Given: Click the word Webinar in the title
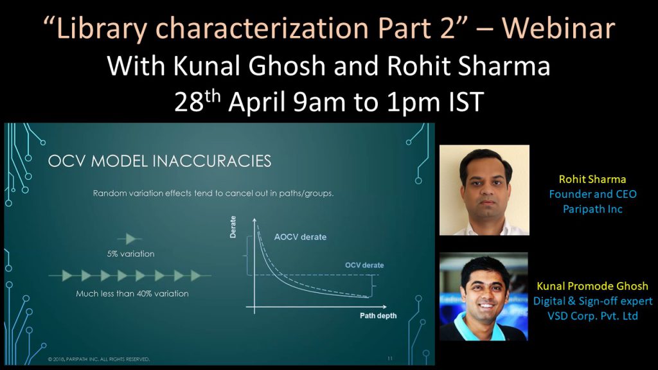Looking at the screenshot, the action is coord(558,28).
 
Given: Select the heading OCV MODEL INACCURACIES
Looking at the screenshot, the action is coord(159,161).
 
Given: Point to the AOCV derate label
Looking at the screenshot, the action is coord(300,237).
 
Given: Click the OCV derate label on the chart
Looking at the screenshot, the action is coord(364,265).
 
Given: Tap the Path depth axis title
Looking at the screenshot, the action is coord(378,316).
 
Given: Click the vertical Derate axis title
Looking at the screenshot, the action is coord(233,227).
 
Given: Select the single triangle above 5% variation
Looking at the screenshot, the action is coord(130,239).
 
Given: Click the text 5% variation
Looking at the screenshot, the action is coord(130,254).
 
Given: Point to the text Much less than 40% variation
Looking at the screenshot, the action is coord(132,294).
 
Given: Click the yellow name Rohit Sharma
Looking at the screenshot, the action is coord(592,180).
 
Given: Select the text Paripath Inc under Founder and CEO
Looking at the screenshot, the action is coord(592,209).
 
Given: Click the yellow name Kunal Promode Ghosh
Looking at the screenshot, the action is coord(592,286).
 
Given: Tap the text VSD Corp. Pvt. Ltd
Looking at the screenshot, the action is coord(592,316).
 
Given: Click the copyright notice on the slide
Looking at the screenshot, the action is coord(98,359).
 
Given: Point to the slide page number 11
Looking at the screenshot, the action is coord(390,358).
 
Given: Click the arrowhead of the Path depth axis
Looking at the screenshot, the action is coord(384,307).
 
